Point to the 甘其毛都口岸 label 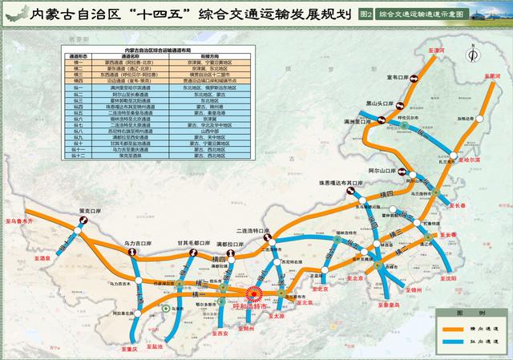pos(190,243)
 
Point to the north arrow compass pos(472,55)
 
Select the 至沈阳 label pos(467,277)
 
